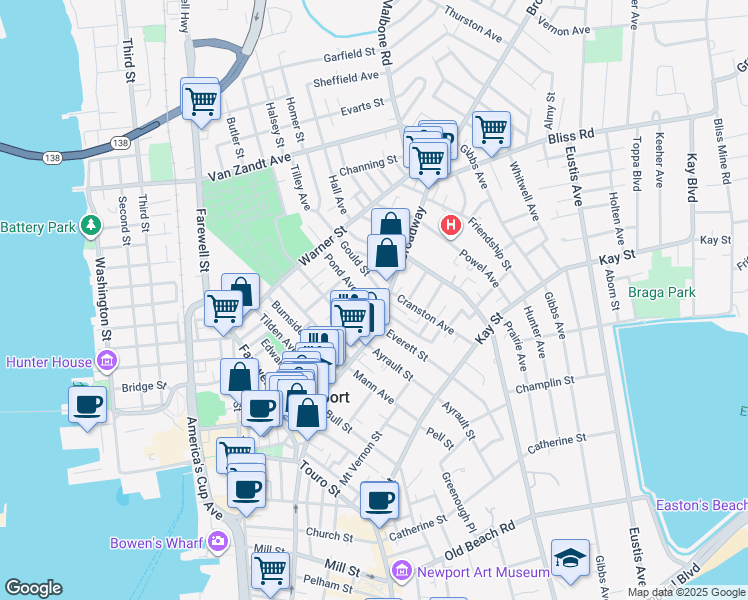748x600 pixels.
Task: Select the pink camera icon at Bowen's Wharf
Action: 218,543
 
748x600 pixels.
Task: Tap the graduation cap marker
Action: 570,557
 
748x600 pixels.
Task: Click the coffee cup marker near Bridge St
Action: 87,405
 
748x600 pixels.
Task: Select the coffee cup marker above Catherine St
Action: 378,499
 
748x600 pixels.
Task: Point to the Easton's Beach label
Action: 700,505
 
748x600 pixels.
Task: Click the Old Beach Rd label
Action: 479,540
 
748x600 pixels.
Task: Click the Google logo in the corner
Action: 34,588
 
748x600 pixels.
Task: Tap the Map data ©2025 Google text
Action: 686,592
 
